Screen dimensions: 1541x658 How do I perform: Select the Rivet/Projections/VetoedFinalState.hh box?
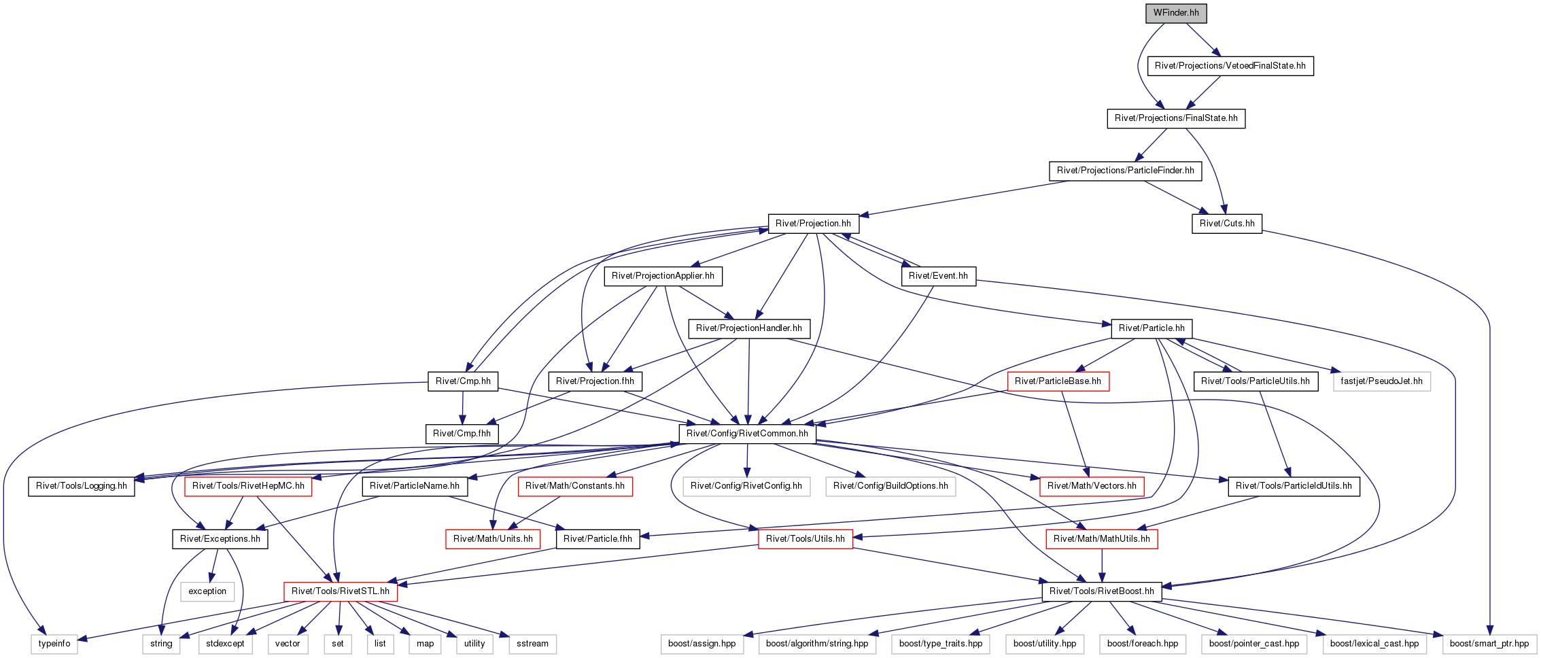1230,66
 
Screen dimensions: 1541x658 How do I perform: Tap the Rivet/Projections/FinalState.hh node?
1176,118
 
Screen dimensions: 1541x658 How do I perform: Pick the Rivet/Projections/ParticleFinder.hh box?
1125,171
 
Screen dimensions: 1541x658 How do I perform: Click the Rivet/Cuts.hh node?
1227,224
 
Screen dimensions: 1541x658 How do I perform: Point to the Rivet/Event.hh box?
938,276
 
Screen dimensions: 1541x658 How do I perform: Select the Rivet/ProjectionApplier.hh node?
663,276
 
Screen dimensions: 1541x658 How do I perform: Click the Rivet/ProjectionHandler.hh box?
749,328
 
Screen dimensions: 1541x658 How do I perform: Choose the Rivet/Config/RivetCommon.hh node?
747,434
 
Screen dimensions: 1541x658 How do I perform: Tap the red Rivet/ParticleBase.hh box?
1058,381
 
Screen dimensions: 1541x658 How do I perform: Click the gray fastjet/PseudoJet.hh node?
1381,381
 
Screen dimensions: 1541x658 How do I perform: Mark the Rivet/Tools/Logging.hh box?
82,486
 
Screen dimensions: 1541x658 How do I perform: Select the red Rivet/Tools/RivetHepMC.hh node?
248,486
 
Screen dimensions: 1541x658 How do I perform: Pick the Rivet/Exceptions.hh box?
220,539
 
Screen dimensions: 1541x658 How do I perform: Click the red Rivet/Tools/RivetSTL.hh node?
341,591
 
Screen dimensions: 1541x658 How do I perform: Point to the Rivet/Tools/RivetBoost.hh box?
1102,591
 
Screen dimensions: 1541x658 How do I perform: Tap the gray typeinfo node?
54,644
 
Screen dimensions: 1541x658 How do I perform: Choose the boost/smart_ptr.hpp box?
1489,644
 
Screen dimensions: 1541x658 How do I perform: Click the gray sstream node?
533,644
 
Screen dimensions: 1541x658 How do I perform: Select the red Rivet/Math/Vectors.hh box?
1092,486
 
